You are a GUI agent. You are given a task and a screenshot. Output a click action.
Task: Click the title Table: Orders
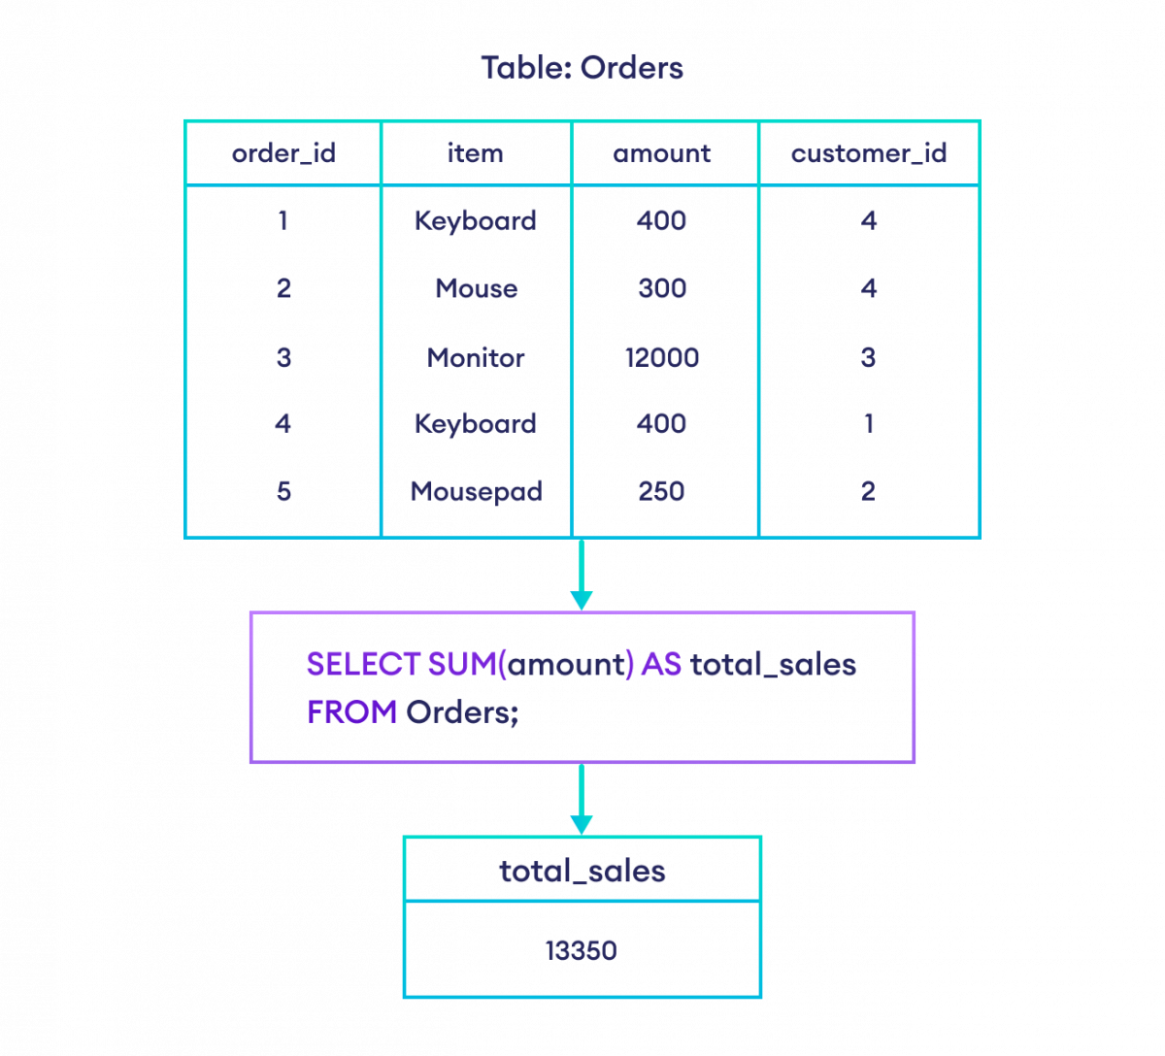click(582, 68)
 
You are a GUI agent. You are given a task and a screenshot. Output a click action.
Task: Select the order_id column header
click(283, 153)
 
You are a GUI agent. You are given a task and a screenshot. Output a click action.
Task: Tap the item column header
click(476, 153)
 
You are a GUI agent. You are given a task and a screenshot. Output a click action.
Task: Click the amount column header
click(662, 153)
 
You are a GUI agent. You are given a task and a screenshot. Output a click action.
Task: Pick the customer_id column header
click(869, 153)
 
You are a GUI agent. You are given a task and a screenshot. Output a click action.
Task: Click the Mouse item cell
click(476, 288)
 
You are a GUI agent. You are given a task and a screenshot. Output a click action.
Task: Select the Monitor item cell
click(476, 357)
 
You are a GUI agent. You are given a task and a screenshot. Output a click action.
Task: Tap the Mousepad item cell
click(476, 491)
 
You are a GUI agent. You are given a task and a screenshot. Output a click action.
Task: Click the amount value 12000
click(662, 357)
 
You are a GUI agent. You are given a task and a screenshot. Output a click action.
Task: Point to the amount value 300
click(662, 288)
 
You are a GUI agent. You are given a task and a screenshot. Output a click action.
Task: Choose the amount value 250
click(662, 491)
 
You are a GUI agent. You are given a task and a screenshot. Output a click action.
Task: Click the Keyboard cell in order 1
click(476, 221)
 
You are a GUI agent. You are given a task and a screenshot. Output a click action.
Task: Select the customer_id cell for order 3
click(869, 357)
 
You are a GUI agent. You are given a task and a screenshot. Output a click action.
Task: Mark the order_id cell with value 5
click(283, 491)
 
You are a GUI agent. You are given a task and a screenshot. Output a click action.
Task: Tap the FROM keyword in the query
click(351, 711)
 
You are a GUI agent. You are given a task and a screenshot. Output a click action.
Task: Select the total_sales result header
click(582, 872)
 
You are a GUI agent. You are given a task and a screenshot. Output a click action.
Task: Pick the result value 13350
click(581, 949)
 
